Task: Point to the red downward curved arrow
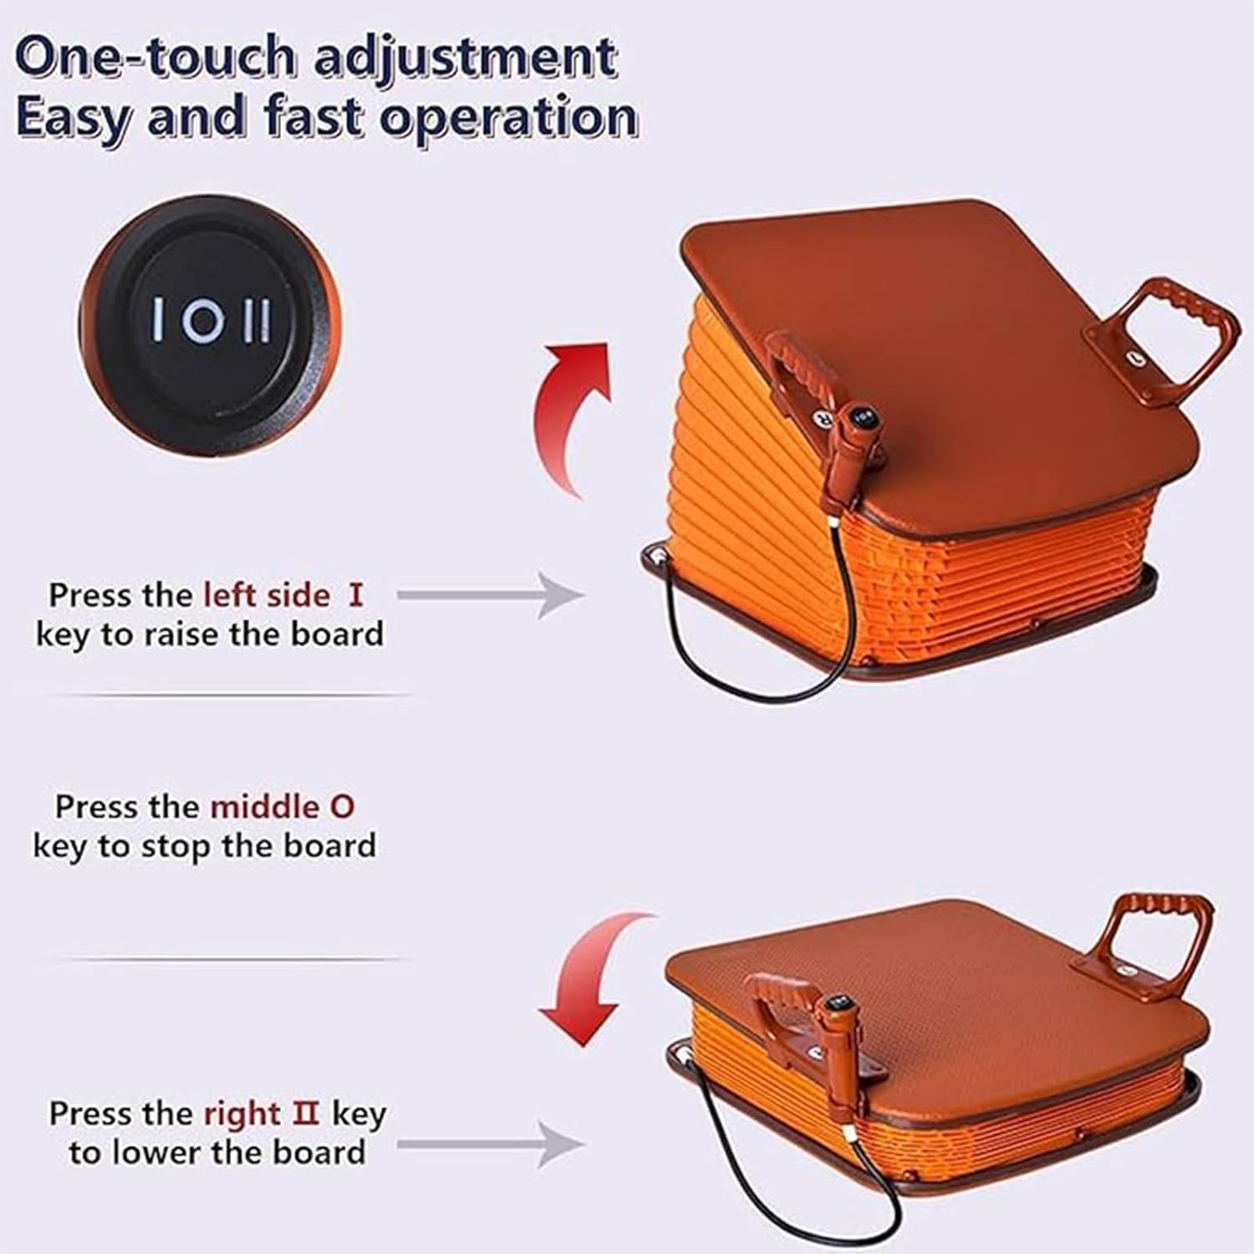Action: click(x=585, y=978)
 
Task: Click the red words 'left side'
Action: click(x=268, y=595)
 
